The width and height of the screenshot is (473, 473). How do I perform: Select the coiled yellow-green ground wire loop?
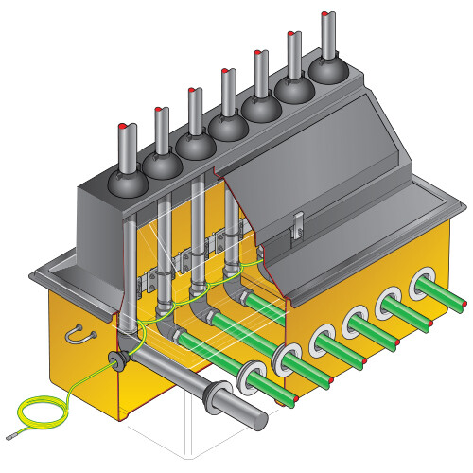point(42,412)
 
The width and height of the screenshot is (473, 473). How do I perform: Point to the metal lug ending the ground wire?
point(10,436)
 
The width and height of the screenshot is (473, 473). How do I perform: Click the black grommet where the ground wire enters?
point(119,359)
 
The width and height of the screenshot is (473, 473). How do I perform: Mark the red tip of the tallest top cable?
point(327,15)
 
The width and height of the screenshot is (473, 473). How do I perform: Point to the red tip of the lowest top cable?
point(125,127)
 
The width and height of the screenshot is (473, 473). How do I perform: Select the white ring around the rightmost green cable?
point(419,285)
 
